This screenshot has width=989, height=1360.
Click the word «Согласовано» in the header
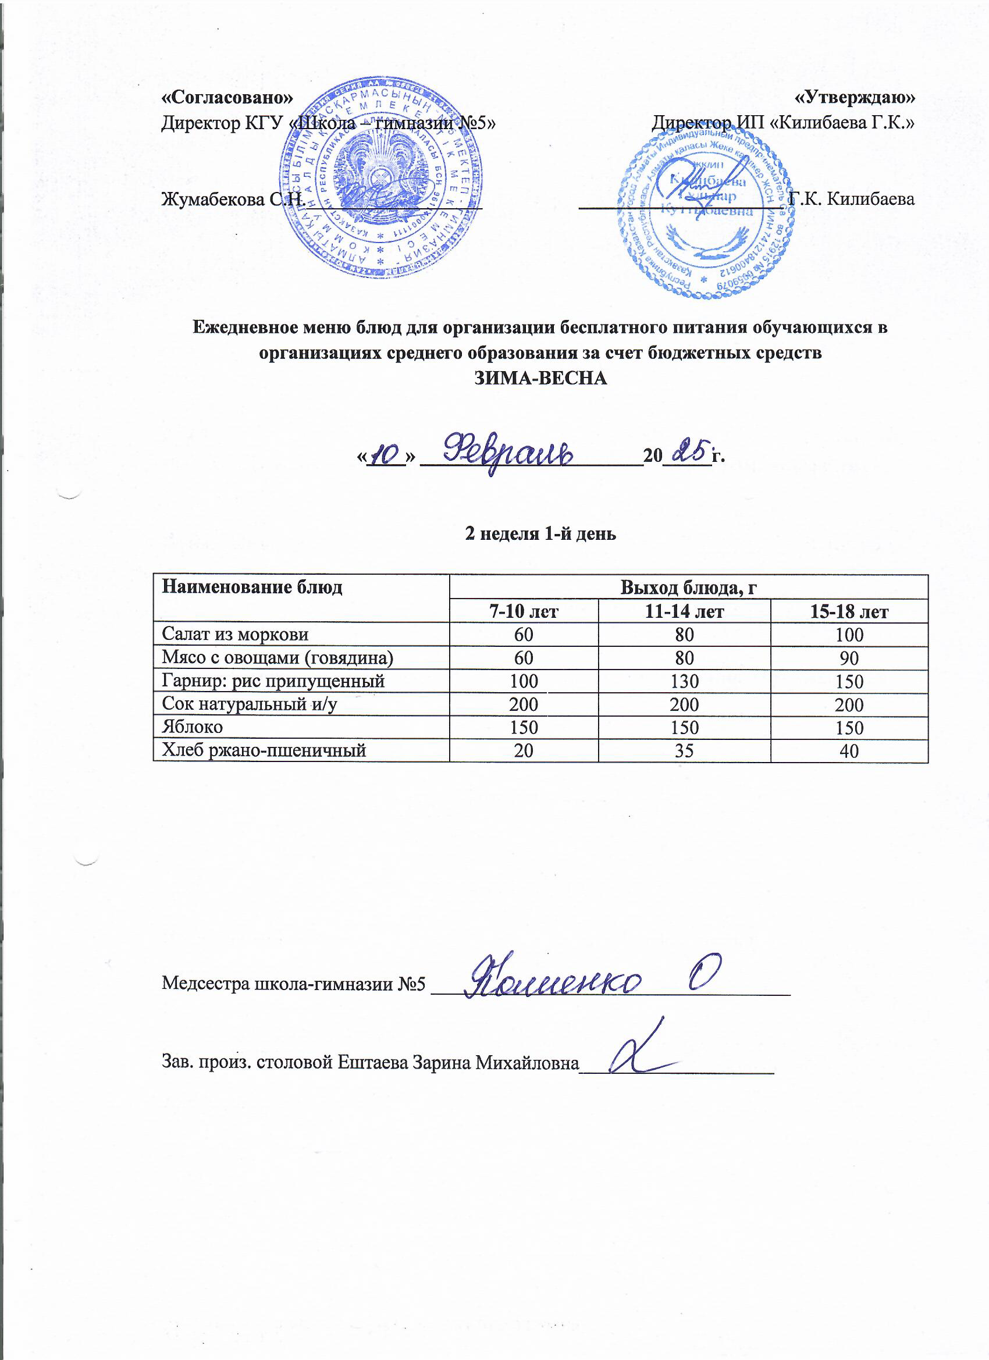(x=228, y=97)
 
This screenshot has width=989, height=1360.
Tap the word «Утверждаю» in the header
(x=855, y=97)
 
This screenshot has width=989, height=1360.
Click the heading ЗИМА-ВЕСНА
(x=541, y=379)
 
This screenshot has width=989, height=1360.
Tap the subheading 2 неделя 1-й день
(x=540, y=533)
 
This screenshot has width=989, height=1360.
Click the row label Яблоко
(x=192, y=727)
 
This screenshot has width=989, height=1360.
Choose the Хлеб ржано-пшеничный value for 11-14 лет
(x=684, y=750)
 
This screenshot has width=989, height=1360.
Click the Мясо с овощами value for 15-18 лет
(x=849, y=658)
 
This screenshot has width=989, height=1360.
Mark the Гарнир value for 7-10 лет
(x=524, y=681)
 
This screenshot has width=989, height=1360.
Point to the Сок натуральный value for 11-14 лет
(x=684, y=704)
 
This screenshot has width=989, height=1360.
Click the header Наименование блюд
(x=252, y=586)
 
